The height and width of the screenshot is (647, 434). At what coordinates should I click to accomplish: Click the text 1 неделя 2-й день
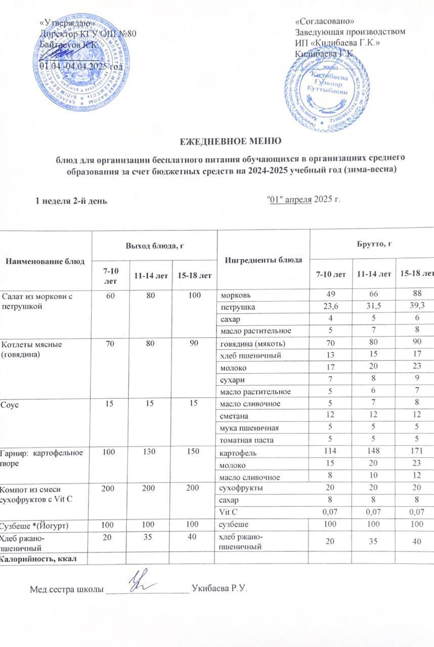click(x=70, y=200)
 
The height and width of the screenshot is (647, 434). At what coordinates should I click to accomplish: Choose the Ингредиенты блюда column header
click(x=263, y=259)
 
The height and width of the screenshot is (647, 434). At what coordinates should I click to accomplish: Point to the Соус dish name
click(x=10, y=404)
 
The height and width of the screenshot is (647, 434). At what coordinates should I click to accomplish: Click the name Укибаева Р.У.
click(x=219, y=589)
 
